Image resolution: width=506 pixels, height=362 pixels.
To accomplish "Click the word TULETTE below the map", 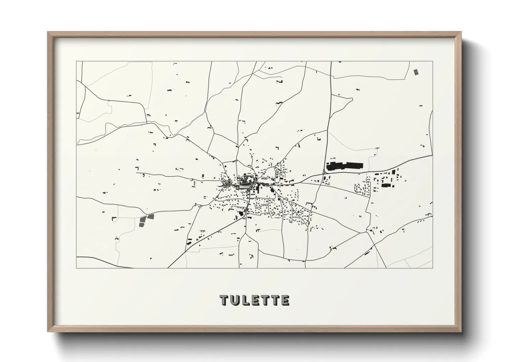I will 255,300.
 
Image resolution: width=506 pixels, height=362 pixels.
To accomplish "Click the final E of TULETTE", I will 285,300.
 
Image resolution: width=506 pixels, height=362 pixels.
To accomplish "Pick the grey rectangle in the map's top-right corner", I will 416,72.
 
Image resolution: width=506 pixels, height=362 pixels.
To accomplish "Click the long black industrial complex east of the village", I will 344,166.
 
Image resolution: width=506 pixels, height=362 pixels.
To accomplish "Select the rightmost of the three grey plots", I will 150,216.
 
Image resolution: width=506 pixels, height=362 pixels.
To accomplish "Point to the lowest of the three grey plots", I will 142,223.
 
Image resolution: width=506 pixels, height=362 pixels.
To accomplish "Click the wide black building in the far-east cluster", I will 386,185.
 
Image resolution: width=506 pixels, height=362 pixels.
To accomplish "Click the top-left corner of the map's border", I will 77,62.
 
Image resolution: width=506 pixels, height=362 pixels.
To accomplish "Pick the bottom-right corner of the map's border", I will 432,268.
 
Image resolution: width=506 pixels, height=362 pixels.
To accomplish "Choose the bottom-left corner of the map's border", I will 77,268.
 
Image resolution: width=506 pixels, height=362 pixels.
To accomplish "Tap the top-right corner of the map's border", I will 432,62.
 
